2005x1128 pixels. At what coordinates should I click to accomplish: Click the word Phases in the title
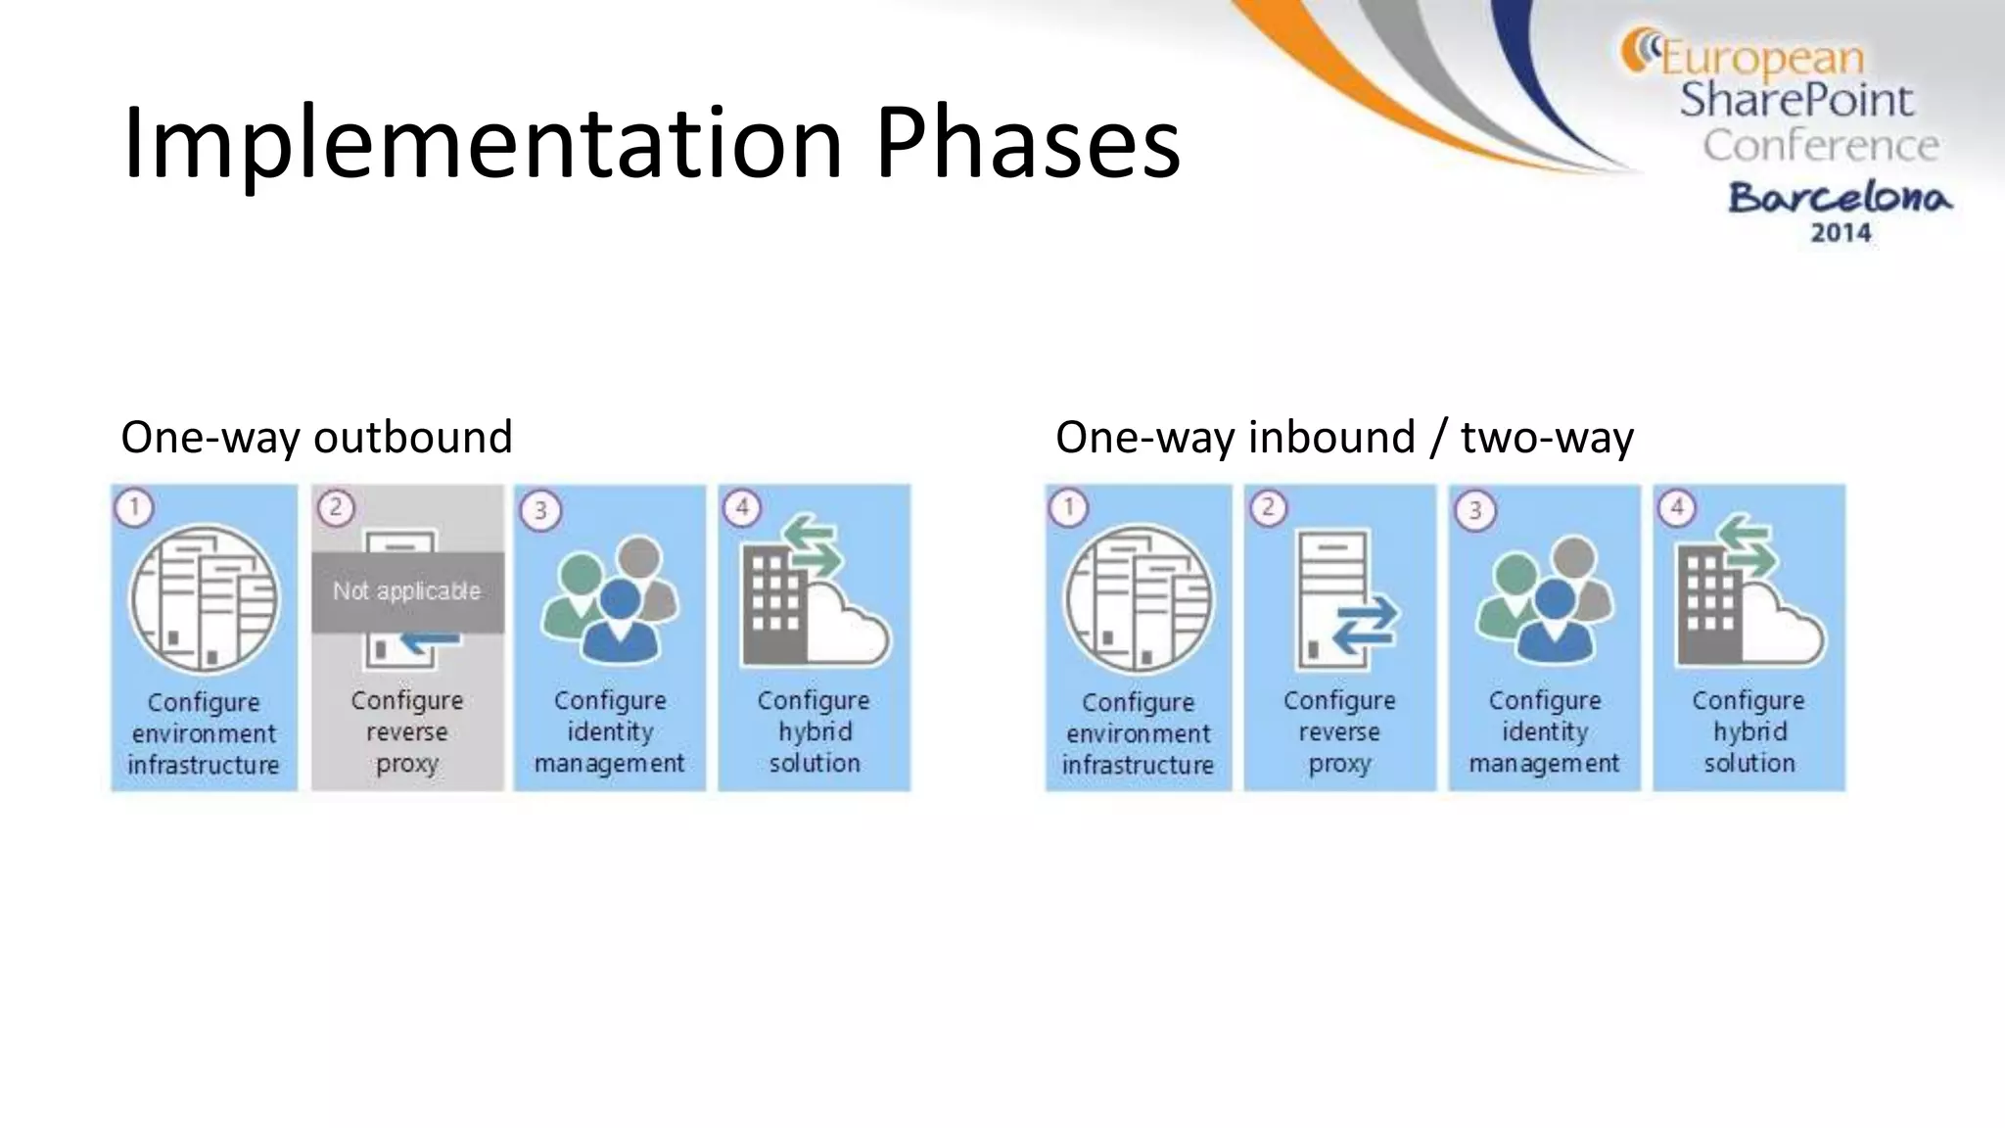(1028, 145)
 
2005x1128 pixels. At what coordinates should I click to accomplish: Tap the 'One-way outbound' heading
(316, 437)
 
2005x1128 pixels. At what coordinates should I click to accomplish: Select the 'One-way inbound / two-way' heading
(1344, 437)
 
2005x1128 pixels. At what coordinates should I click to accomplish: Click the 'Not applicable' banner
(407, 591)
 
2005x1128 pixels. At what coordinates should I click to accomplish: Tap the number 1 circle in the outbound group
(134, 508)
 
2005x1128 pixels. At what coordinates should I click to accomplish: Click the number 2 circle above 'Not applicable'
(336, 508)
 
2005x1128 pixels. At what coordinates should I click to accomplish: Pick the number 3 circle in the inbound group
(1475, 511)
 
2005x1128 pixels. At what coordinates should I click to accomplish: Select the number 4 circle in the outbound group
(742, 508)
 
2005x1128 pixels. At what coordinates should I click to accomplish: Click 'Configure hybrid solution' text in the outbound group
(814, 731)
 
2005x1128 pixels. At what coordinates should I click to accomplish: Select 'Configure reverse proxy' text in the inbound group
(1339, 731)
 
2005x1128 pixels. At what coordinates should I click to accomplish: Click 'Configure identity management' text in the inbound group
(1544, 731)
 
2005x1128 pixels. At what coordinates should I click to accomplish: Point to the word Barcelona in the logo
(1840, 198)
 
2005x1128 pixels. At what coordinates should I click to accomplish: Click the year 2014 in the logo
(1841, 233)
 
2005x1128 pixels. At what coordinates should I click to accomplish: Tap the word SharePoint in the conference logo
(1796, 100)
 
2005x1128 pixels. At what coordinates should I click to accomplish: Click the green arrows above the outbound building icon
(815, 548)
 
